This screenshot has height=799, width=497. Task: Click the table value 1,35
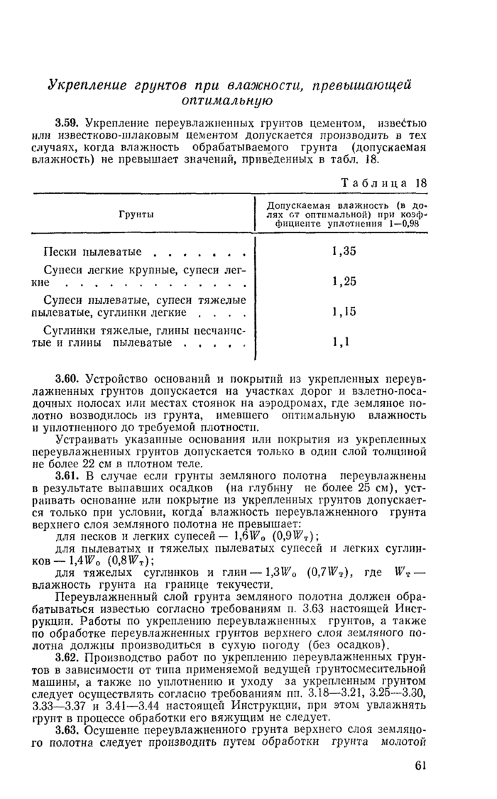pos(345,251)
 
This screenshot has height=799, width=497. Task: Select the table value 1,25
pos(345,282)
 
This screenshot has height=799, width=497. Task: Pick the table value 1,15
pos(345,312)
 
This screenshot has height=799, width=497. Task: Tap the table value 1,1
pos(342,342)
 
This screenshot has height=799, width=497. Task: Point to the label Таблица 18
pos(384,183)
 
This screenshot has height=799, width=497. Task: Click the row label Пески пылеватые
pos(92,251)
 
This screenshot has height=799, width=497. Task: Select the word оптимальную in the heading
pos(230,102)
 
